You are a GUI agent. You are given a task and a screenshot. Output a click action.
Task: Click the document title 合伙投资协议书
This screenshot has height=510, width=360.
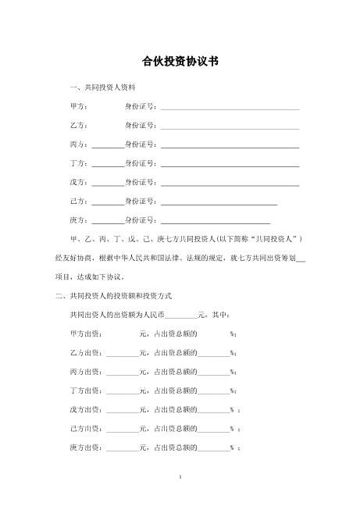click(180, 61)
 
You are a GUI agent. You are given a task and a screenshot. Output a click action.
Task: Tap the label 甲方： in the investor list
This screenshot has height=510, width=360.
click(80, 105)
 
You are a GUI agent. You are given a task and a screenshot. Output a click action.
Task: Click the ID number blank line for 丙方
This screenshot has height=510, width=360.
click(230, 146)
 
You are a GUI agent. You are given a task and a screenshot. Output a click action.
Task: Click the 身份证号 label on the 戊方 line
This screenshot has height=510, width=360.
click(141, 184)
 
